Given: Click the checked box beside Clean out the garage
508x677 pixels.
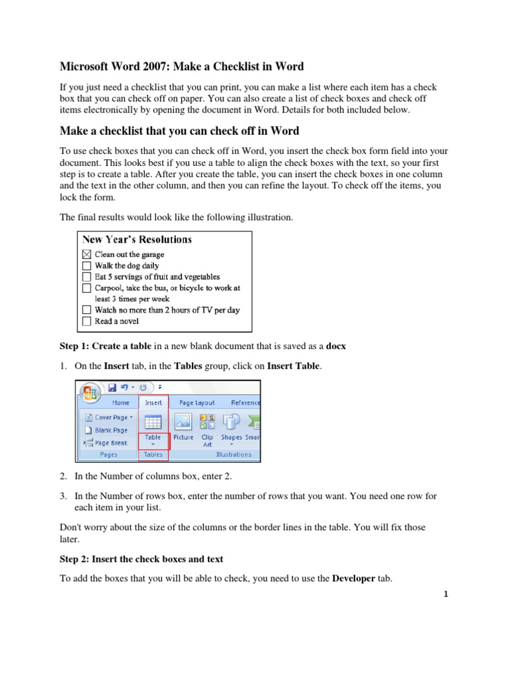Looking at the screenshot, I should [x=87, y=255].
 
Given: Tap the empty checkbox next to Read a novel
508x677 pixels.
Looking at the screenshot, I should [x=87, y=322].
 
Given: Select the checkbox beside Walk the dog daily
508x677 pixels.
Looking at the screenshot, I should [x=87, y=266].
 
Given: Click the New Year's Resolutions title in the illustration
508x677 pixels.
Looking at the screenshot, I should [x=137, y=239].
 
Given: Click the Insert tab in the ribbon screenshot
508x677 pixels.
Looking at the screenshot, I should [x=153, y=402].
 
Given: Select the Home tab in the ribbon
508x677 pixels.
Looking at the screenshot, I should [x=120, y=402].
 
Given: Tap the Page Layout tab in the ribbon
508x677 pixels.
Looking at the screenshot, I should [x=196, y=402].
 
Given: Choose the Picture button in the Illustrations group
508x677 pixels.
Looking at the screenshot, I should [x=183, y=426].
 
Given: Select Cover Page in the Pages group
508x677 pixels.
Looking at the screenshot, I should [x=108, y=417].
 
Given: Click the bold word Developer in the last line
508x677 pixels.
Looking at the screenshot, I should [x=353, y=578].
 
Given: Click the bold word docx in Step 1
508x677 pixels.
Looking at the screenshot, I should [x=336, y=346].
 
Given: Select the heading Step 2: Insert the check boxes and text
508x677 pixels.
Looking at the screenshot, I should [x=142, y=559].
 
